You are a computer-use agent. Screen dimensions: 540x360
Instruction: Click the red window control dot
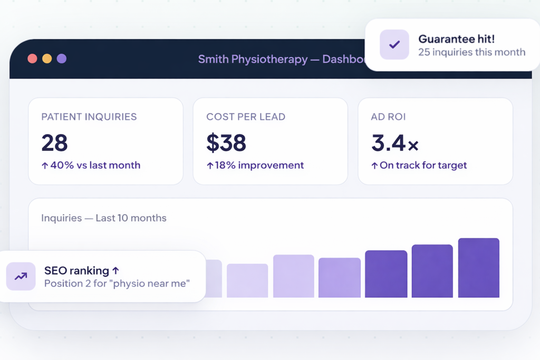pos(32,59)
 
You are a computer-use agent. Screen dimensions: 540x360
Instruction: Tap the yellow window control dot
pos(47,59)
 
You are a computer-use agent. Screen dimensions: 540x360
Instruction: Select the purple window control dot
pos(62,59)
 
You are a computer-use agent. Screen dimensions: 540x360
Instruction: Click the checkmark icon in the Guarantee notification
pos(394,44)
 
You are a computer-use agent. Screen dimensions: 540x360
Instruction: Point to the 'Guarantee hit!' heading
pos(456,39)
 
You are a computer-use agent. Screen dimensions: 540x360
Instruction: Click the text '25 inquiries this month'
pos(472,52)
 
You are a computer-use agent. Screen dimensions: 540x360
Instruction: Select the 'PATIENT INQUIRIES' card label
pos(89,116)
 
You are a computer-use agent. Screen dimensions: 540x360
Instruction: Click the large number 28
pos(54,142)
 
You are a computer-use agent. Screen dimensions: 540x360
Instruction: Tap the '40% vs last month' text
pos(95,165)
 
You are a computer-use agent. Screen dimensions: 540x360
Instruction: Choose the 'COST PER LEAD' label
pos(246,116)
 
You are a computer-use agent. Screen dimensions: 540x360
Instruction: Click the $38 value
pos(226,142)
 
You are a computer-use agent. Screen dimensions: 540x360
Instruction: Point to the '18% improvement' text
pos(259,165)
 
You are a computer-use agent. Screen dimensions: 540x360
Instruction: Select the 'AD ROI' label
pos(388,116)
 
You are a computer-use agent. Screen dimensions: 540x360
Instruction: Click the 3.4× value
pos(394,143)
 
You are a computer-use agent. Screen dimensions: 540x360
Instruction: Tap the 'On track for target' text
pos(423,165)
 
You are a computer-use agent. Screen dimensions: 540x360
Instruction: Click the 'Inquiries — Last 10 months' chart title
pos(104,218)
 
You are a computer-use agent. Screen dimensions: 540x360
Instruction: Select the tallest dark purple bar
pos(479,267)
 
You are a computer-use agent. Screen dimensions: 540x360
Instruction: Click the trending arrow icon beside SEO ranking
pos(21,276)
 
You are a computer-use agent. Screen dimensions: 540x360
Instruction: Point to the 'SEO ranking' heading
pos(76,270)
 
